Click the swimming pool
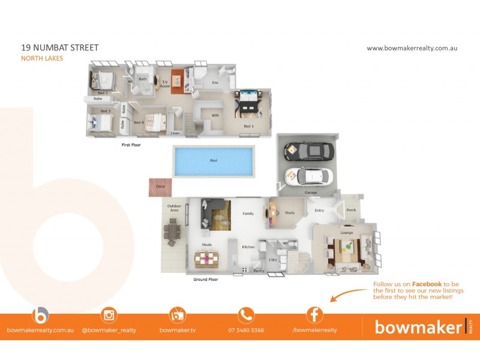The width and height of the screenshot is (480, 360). (213, 161)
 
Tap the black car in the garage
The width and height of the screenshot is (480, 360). (305, 151)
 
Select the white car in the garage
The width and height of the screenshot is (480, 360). (308, 176)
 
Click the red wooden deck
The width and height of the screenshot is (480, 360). (160, 187)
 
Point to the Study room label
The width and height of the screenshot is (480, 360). (289, 212)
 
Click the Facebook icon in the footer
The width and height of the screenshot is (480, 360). (314, 315)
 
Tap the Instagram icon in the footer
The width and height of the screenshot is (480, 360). (109, 315)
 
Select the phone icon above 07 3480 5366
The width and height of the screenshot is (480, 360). (246, 315)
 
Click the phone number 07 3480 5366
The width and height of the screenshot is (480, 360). (246, 330)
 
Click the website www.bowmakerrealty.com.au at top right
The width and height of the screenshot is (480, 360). (412, 48)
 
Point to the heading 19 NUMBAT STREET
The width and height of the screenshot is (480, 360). (59, 48)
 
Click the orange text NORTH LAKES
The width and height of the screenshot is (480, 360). (42, 59)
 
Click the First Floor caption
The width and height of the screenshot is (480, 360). (131, 145)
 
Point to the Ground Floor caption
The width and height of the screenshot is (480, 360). (205, 280)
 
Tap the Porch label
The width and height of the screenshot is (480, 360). (351, 210)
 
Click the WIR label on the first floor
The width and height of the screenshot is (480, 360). (214, 115)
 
